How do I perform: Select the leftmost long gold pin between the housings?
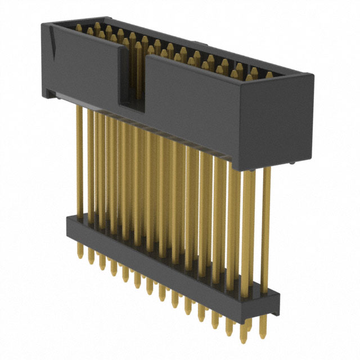tap(79, 163)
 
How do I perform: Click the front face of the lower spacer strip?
tap(169, 264)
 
